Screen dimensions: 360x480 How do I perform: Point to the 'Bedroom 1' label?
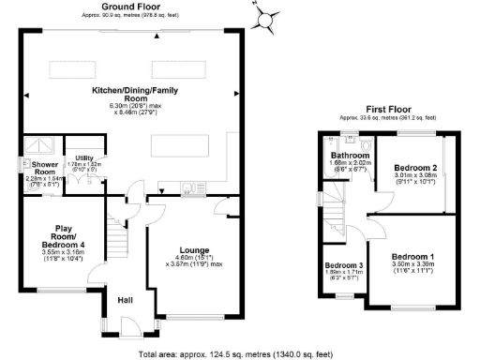point(412,257)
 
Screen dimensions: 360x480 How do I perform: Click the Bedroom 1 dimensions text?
point(412,268)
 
